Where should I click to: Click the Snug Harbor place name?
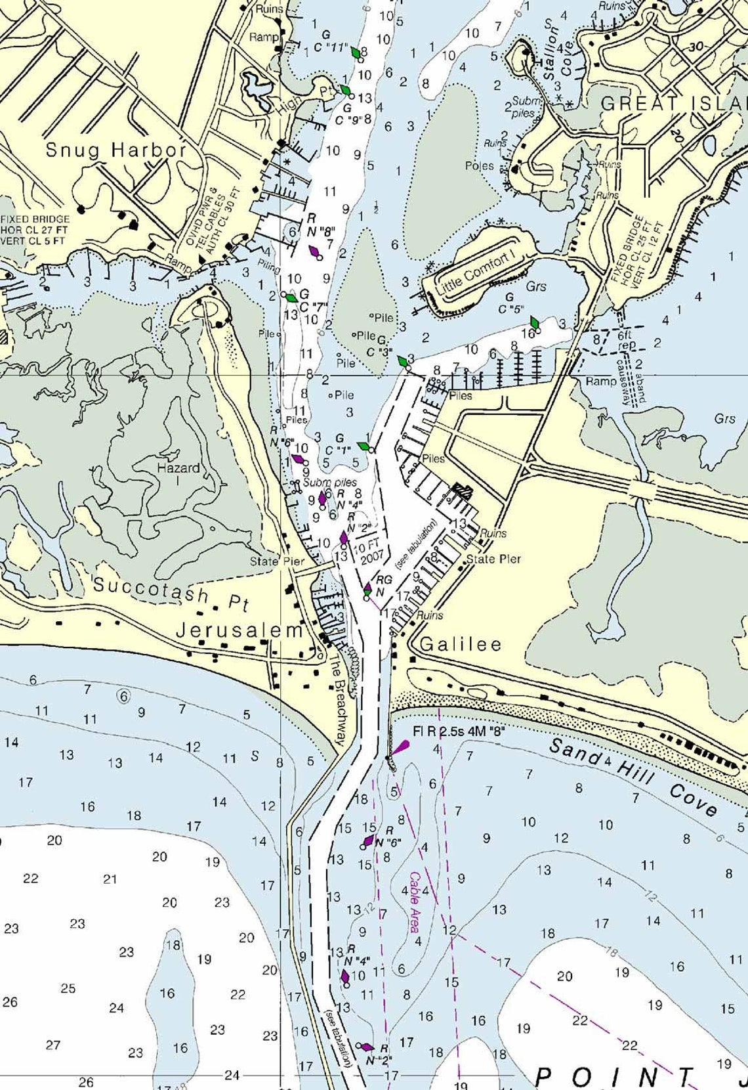(x=115, y=150)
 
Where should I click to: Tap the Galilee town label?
(x=460, y=644)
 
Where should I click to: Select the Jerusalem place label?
(x=239, y=631)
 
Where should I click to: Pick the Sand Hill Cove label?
(x=633, y=777)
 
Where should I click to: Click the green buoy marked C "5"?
(x=535, y=323)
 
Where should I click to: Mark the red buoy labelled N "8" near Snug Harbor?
(x=315, y=251)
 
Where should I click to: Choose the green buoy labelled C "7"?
(x=291, y=297)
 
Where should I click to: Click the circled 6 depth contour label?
(x=123, y=695)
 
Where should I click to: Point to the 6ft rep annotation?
(x=627, y=339)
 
